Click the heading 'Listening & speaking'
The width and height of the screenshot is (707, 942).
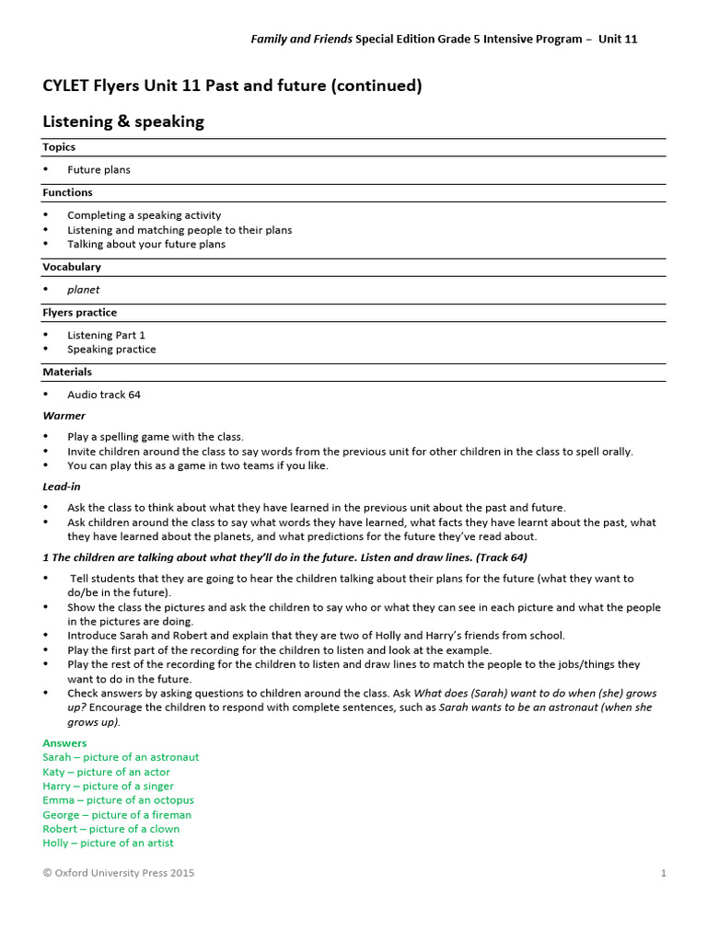[123, 121]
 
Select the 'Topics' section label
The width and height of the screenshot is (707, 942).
[59, 147]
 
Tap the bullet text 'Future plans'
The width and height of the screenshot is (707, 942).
[99, 170]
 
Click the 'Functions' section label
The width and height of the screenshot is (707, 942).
[67, 193]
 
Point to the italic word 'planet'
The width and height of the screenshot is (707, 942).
[83, 290]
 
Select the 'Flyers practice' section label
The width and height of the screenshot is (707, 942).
[79, 313]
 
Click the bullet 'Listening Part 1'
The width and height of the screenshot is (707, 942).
[106, 336]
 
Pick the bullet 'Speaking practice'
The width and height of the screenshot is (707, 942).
[111, 350]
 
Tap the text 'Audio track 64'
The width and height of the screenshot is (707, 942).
[104, 396]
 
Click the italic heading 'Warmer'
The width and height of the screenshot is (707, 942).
[64, 416]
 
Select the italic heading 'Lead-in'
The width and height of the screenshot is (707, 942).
[62, 487]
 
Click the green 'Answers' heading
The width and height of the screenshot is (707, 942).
[64, 743]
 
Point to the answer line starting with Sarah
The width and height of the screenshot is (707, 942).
[121, 757]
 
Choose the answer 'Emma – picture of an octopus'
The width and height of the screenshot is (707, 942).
[118, 800]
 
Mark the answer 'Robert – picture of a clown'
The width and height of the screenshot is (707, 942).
[111, 829]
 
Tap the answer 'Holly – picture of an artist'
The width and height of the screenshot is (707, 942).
[108, 843]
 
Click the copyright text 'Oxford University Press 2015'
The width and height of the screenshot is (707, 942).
[124, 873]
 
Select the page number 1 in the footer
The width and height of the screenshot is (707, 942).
[663, 873]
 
